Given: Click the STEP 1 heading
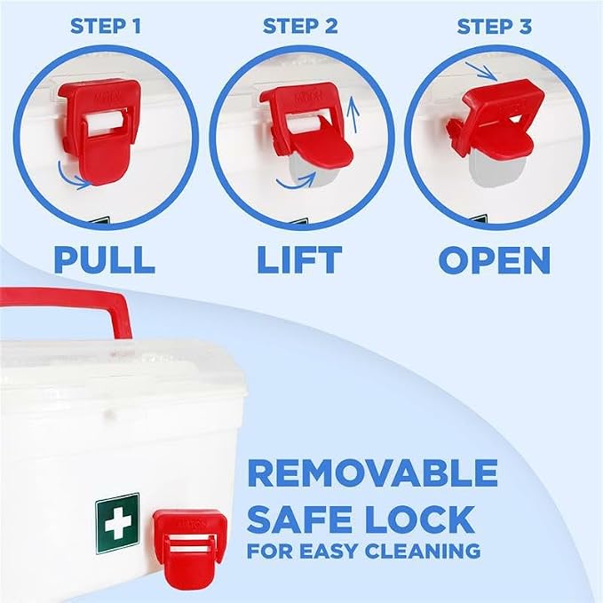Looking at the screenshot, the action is pos(106,27).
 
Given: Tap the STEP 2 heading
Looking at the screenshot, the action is pos(300,27).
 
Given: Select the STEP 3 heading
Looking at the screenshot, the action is pos(495,27).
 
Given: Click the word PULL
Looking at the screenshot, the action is pos(105,260).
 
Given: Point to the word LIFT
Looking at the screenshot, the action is pos(299,260).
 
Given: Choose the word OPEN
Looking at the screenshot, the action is pos(495,260).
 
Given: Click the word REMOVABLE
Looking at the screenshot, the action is pos(372,473).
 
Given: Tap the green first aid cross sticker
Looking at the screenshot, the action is pos(117,523).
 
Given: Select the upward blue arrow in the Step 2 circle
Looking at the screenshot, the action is pos(353,115).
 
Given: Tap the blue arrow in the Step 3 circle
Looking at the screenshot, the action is pos(482,71).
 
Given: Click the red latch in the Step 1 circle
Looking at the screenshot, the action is pos(99,130).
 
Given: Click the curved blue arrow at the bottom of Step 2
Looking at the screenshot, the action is pos(296,180).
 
